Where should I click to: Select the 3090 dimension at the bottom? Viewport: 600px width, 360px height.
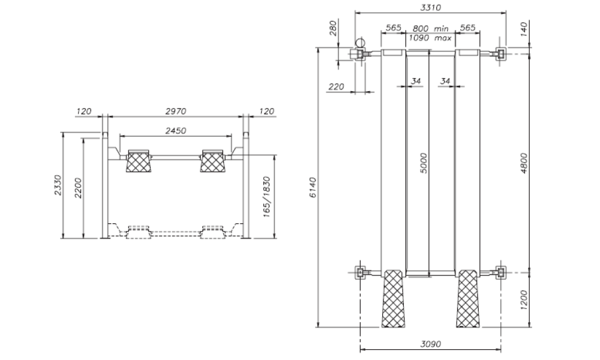pos(430,344)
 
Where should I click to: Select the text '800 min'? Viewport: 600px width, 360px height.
pos(430,28)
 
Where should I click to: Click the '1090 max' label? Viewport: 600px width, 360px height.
pos(430,37)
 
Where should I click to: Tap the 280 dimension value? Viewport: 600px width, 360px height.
pos(334,29)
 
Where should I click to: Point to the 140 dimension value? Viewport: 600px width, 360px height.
pos(523,29)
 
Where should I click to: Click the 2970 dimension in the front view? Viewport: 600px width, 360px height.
pos(175,111)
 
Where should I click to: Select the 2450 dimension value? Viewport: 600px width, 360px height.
pos(175,130)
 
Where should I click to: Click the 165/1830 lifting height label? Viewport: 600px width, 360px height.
pos(268,197)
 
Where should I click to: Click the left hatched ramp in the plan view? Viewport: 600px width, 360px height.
pos(394,299)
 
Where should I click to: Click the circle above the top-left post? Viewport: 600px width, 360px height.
pos(360,42)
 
